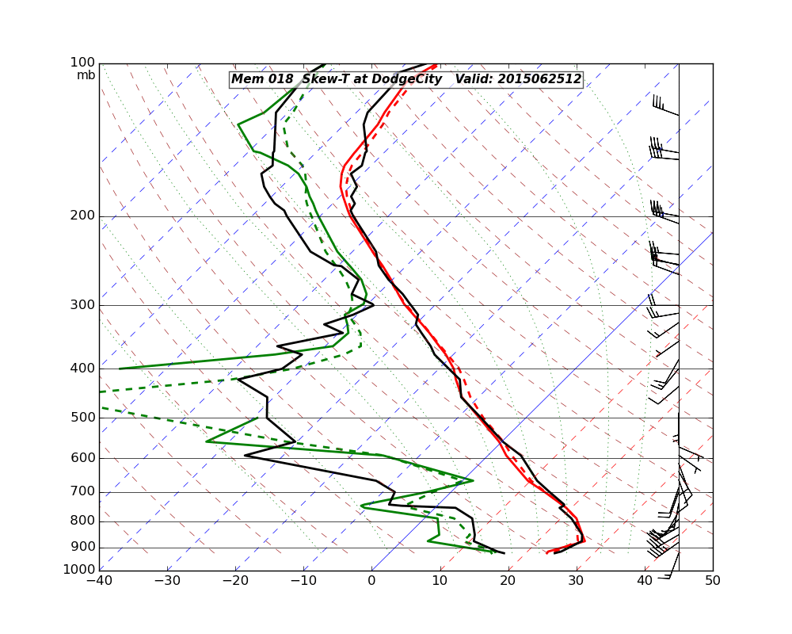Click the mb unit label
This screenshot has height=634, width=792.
tap(86, 75)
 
